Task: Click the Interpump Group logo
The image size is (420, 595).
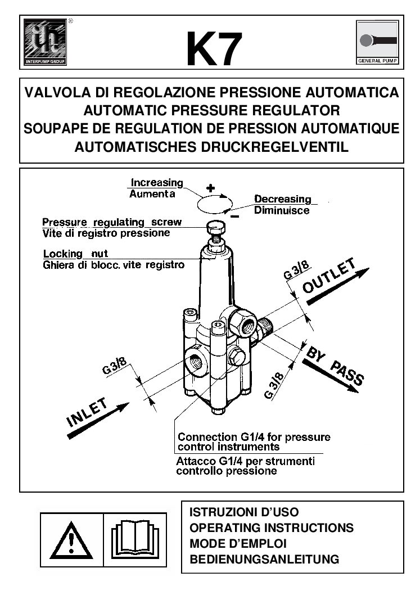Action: [46, 42]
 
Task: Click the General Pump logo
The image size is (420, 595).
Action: [377, 42]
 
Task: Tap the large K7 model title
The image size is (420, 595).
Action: [214, 49]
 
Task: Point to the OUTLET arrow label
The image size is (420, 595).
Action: [330, 278]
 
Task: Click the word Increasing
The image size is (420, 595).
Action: [157, 183]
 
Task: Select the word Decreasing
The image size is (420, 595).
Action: [282, 199]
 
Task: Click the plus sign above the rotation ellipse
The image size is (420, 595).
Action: [210, 188]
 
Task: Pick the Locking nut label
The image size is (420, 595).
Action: [75, 254]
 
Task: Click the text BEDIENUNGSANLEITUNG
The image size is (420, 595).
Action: [264, 560]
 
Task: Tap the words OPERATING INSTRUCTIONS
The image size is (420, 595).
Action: [272, 528]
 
